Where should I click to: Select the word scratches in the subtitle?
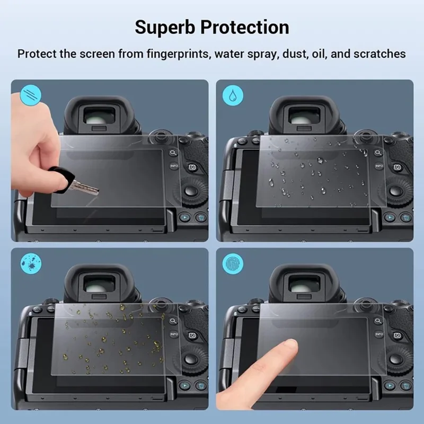click(378, 54)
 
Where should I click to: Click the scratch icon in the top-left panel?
click(28, 95)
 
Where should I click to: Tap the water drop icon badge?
click(232, 95)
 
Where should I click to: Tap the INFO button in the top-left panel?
click(174, 166)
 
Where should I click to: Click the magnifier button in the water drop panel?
click(378, 152)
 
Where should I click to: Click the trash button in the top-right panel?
click(405, 217)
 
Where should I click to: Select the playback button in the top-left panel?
click(184, 217)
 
